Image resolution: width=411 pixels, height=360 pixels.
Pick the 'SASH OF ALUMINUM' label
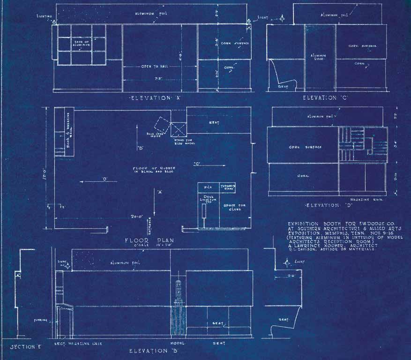[82, 44]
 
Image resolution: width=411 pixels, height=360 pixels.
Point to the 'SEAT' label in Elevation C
[283, 86]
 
